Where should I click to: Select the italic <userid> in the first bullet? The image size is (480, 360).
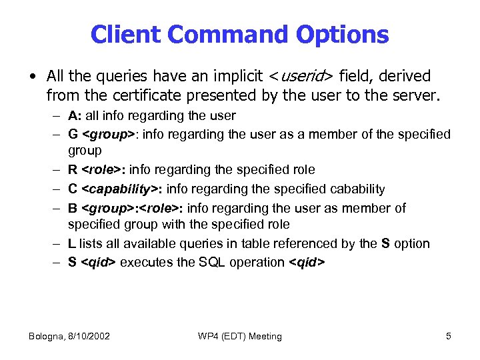tap(301, 77)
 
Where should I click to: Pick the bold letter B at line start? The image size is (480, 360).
tap(72, 208)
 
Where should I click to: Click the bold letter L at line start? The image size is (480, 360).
tap(71, 243)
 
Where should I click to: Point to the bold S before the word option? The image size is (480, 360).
tap(385, 243)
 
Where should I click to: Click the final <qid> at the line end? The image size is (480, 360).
tap(307, 262)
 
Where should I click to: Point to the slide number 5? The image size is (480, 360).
tap(449, 336)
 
